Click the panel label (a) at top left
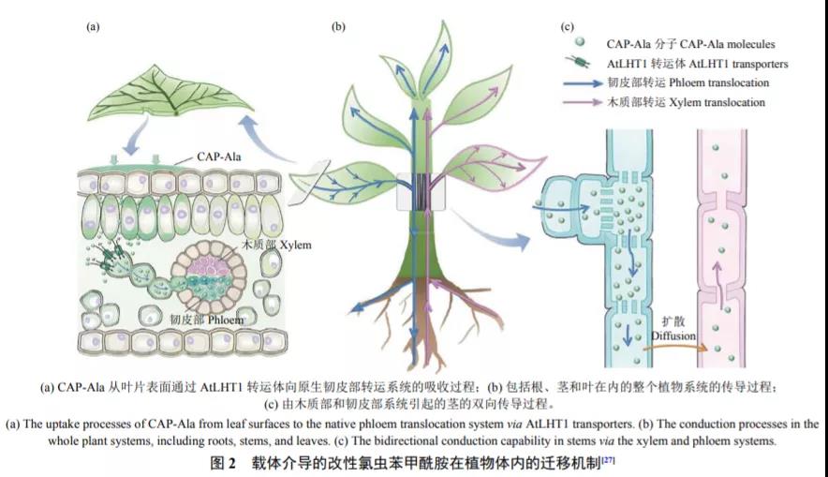pos(93,27)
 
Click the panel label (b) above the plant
pos(338,27)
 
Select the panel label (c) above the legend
pos(567,27)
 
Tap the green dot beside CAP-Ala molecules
pos(583,43)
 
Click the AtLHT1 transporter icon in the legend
pos(584,64)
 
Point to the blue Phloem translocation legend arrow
pos(594,82)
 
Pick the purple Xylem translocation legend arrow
pos(594,101)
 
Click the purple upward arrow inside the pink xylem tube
pos(718,279)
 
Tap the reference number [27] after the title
pos(607,460)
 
